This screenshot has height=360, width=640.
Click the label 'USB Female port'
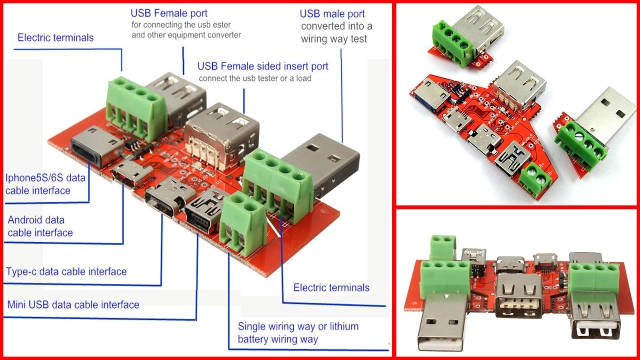(x=169, y=13)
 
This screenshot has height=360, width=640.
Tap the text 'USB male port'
(x=332, y=13)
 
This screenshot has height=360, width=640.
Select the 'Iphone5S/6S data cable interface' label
(x=45, y=184)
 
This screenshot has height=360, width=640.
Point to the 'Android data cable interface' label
(x=40, y=226)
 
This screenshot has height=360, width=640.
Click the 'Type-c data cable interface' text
(x=66, y=271)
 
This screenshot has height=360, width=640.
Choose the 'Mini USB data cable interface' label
(x=73, y=304)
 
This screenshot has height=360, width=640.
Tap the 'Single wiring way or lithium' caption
(x=298, y=326)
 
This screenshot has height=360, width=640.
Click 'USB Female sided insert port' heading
(x=262, y=66)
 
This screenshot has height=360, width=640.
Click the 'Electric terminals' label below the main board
(x=331, y=287)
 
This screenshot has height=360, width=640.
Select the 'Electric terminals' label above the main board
(x=55, y=37)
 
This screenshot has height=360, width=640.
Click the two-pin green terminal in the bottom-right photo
(x=442, y=245)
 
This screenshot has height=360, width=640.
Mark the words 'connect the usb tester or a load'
(x=255, y=78)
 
